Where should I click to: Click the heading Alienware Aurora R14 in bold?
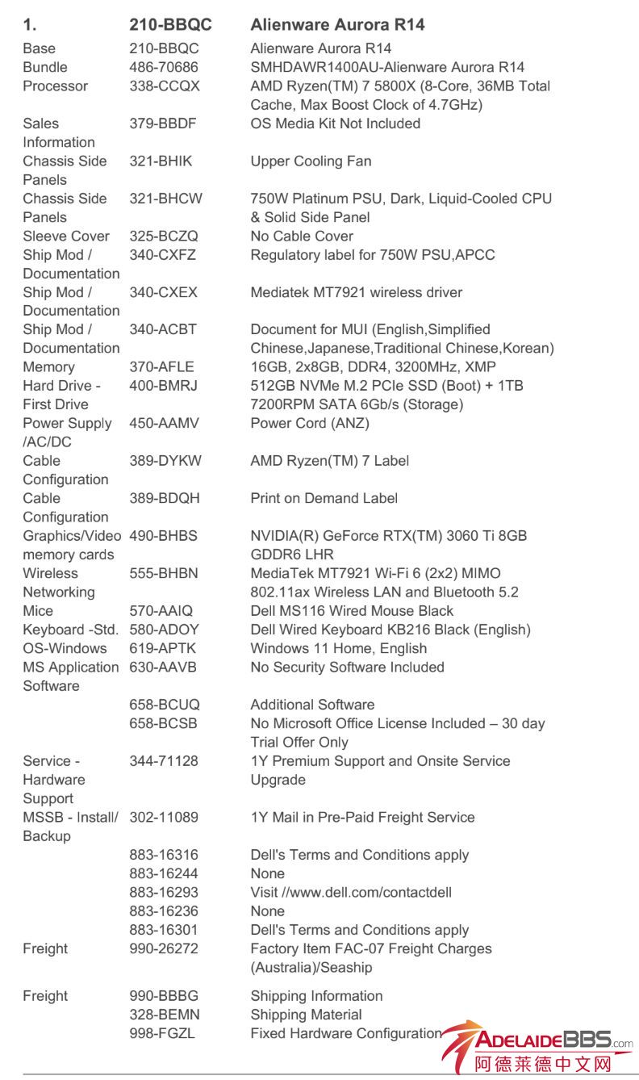tap(337, 25)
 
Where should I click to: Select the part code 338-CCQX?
tap(165, 86)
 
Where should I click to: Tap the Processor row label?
tap(56, 86)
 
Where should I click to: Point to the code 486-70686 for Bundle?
tap(164, 68)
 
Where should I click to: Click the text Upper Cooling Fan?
tap(311, 161)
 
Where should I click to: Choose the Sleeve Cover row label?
tap(66, 237)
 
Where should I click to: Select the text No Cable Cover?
tap(302, 237)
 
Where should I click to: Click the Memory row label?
tap(49, 367)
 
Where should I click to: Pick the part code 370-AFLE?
tap(162, 367)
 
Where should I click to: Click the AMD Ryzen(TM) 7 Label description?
tap(329, 461)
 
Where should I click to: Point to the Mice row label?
tap(38, 611)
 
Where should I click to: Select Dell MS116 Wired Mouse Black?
tap(352, 611)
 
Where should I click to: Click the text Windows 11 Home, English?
tap(339, 649)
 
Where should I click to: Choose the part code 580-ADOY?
tap(164, 630)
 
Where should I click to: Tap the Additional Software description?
tap(312, 705)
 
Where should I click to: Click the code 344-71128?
tap(164, 761)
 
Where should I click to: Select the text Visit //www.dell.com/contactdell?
tap(351, 893)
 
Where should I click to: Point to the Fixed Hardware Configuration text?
tap(346, 1034)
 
